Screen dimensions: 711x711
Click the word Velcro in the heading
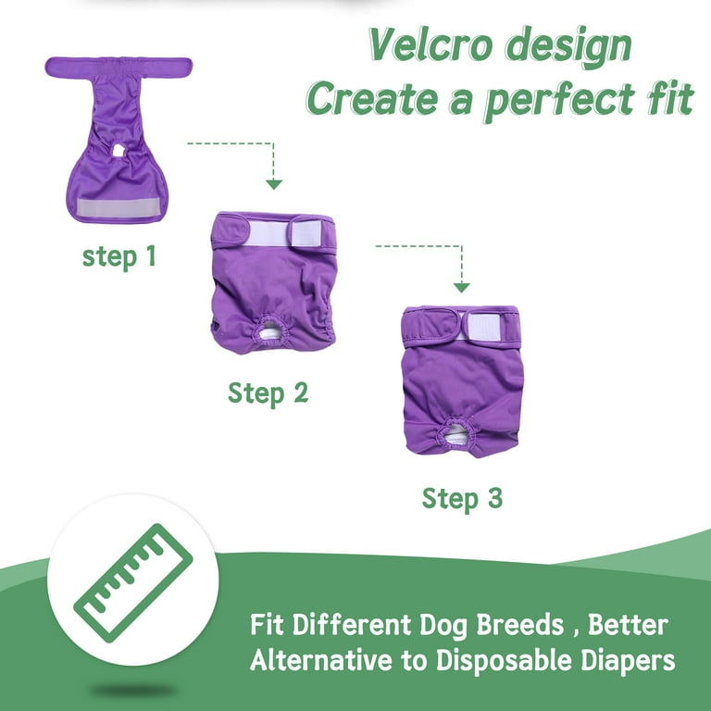[430, 44]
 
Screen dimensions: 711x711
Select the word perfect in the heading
[560, 101]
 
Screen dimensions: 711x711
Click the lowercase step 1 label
[119, 256]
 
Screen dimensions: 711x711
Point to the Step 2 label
[268, 393]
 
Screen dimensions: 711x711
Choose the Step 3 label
[462, 499]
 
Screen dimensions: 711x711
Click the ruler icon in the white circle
[133, 583]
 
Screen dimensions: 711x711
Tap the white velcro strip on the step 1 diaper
[118, 207]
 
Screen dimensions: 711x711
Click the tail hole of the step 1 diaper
[118, 150]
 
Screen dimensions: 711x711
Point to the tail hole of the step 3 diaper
[456, 433]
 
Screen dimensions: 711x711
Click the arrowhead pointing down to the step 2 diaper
[273, 184]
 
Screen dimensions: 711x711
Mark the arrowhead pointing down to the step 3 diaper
[462, 287]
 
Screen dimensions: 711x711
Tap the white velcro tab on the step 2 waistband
[307, 233]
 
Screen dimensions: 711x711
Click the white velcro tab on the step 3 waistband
[483, 327]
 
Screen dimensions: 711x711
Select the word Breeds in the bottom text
[519, 625]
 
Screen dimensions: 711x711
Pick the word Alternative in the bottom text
[321, 660]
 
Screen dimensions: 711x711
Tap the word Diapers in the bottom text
[628, 661]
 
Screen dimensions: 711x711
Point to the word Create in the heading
[372, 99]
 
